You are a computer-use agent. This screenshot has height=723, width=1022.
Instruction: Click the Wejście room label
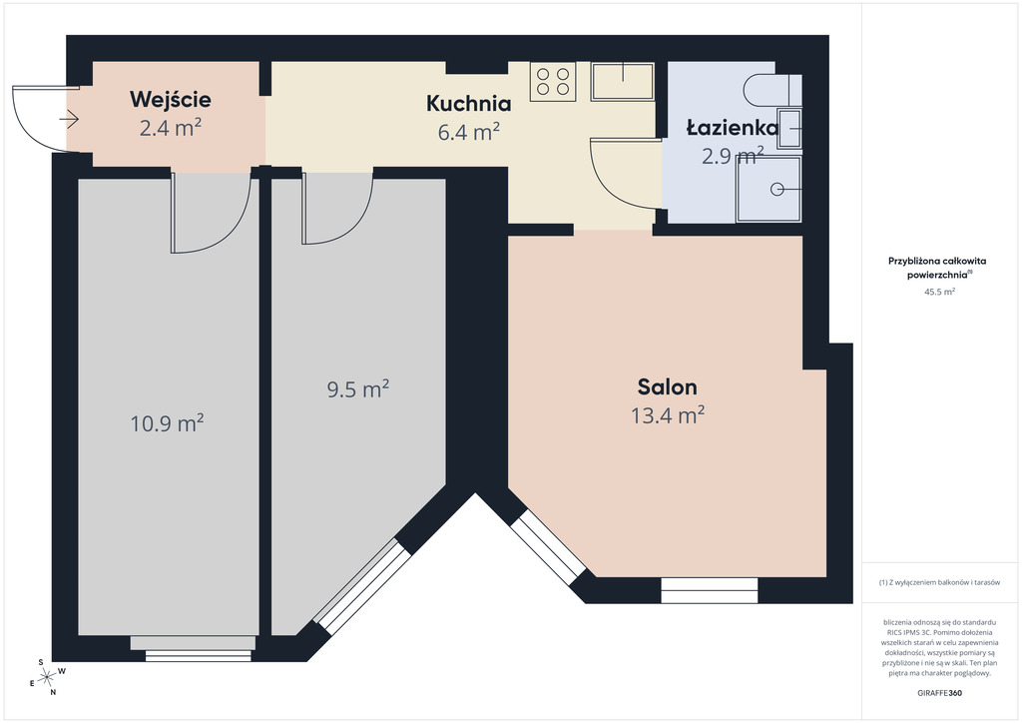click(x=170, y=99)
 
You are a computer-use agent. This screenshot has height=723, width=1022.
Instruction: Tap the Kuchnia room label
click(x=469, y=103)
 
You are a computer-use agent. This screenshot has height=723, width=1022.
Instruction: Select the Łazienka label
click(x=733, y=128)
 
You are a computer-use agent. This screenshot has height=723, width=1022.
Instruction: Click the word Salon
click(x=668, y=386)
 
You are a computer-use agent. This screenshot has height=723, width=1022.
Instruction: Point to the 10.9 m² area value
click(x=167, y=423)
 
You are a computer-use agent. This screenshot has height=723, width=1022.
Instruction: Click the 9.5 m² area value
click(x=358, y=389)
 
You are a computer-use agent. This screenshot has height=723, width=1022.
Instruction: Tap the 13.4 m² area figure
click(x=668, y=415)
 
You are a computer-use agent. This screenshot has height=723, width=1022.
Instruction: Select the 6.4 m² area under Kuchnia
click(x=469, y=132)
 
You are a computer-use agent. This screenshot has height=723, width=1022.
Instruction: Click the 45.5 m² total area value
click(x=939, y=292)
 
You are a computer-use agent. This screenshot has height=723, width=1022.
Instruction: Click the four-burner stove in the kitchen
click(x=553, y=82)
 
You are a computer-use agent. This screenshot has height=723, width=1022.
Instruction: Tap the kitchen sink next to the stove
click(x=623, y=82)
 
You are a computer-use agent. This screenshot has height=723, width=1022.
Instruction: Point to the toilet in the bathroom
click(x=771, y=90)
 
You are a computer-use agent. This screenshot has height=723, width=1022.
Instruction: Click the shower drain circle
click(x=776, y=189)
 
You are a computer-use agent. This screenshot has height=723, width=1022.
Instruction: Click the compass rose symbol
click(x=47, y=678)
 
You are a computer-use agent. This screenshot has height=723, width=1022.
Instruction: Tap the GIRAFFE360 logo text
click(x=939, y=693)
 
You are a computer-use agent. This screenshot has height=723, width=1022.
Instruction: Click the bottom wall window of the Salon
click(x=710, y=590)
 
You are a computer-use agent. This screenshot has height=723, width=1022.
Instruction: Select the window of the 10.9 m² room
click(x=198, y=655)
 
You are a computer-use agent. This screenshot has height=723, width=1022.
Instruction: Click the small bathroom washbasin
click(x=790, y=129)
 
